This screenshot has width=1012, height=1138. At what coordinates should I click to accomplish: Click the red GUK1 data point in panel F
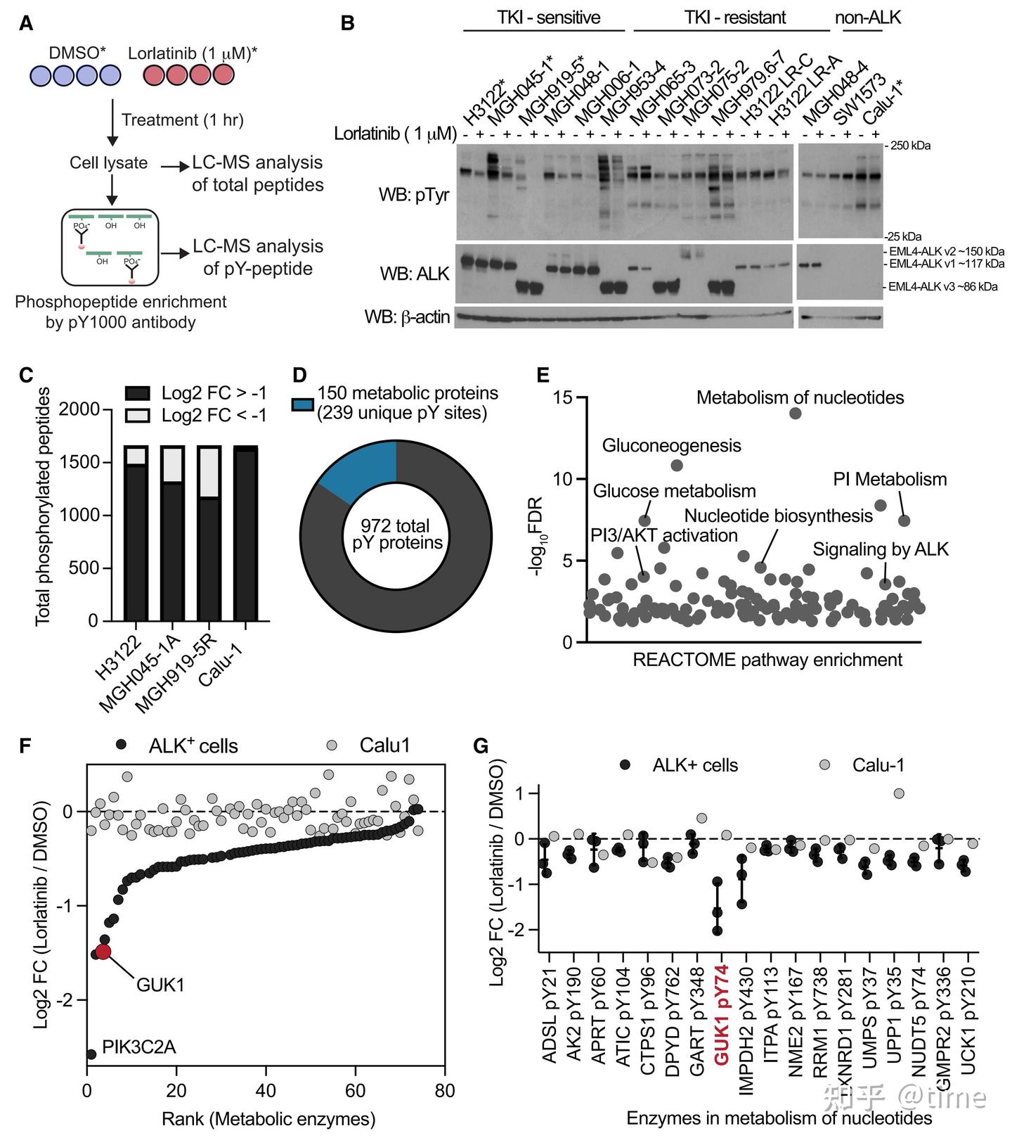point(103,951)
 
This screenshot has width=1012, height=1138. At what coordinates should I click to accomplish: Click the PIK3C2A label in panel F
point(138,1047)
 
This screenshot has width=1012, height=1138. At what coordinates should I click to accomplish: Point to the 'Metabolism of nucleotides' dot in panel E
point(795,413)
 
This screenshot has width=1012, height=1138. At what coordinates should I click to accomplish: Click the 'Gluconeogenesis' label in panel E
point(671,445)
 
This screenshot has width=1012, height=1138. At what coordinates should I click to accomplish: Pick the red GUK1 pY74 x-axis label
point(721,1013)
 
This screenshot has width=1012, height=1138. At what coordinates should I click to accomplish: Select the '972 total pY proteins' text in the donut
point(396,534)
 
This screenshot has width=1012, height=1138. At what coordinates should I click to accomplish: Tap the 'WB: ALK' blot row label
point(414,274)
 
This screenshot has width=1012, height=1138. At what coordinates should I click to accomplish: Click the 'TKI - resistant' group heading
point(734,18)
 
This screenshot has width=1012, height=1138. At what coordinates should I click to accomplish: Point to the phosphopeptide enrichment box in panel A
point(110,246)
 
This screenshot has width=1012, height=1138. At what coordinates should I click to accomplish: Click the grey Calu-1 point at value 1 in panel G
point(898,793)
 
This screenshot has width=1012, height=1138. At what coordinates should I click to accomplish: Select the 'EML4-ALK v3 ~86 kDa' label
point(942,287)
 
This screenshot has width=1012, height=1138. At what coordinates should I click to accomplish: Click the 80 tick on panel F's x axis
point(444,1091)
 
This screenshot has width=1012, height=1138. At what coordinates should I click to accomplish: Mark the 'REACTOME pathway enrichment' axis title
point(767,660)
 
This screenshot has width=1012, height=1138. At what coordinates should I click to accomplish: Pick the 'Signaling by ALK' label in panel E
point(881,549)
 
